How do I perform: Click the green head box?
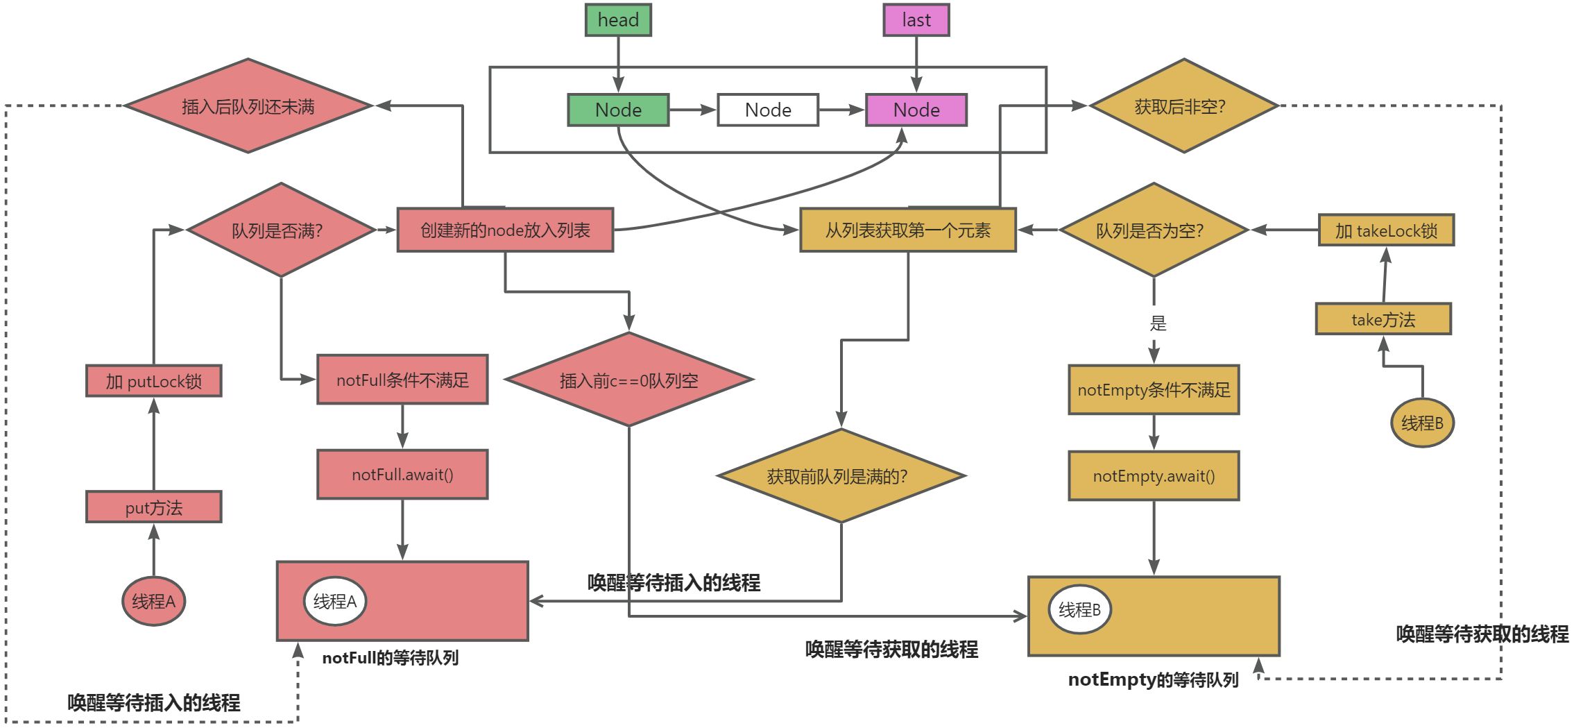617,20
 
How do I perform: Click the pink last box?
916,20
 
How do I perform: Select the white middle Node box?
767,110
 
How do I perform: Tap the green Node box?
617,110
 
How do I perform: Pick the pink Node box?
916,110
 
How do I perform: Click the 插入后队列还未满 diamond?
248,106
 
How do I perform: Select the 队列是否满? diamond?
280,230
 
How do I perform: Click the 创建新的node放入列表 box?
504,230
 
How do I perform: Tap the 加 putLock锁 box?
153,381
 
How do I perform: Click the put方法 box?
153,507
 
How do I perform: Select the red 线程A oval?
153,601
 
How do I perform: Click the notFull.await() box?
402,475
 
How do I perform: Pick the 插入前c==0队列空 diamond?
628,380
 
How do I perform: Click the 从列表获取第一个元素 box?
907,230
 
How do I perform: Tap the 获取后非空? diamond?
1183,106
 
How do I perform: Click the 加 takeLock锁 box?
1385,230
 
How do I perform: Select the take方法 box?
1383,319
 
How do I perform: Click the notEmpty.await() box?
1153,476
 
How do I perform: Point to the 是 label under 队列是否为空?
1158,323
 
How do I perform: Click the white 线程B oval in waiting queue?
1079,609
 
